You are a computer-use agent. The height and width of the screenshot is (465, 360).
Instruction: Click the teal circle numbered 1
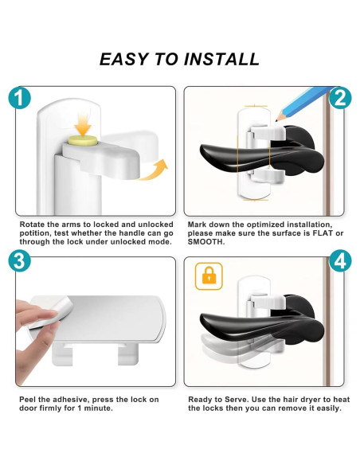pos(20,98)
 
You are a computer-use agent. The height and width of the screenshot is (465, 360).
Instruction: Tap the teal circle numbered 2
pos(340,98)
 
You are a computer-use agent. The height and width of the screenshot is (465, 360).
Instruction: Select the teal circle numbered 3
pos(20,261)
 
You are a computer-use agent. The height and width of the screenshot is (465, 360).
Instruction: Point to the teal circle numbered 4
pos(340,261)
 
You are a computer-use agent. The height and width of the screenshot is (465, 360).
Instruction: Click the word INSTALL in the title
pos(221,59)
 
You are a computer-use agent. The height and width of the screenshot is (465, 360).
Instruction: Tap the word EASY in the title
pos(124,59)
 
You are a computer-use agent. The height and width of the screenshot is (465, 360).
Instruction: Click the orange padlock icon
pos(209,276)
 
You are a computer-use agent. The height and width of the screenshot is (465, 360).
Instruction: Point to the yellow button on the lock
pos(84,141)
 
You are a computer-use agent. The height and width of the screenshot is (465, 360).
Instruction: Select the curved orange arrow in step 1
pos(155,172)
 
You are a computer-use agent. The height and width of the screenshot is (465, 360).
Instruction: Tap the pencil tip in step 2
pos(277,119)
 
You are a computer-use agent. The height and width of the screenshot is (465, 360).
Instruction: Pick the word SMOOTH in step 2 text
pos(205,242)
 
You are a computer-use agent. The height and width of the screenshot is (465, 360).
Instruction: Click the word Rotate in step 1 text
pos(32,225)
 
